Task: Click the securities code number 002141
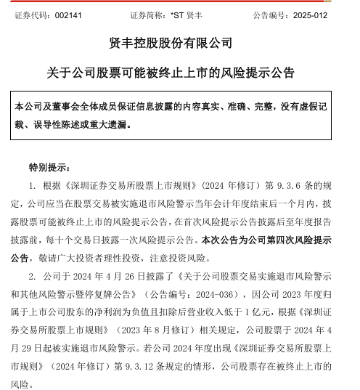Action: (65, 14)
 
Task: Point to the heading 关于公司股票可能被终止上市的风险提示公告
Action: (180, 73)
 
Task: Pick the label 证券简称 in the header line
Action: (146, 14)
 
